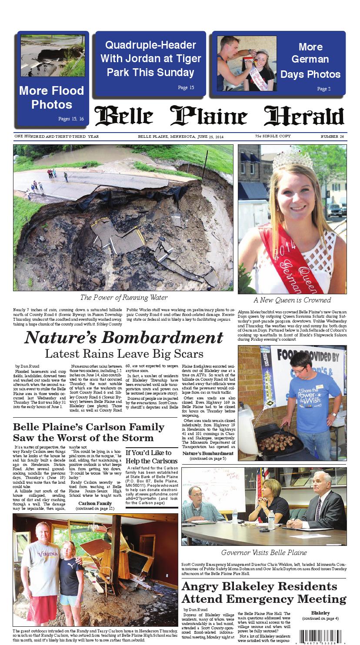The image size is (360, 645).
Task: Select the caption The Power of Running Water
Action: [x=124, y=298]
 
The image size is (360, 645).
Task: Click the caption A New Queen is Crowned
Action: [x=292, y=300]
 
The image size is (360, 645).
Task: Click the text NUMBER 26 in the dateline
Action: [x=332, y=136]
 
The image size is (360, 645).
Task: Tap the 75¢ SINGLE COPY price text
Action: [x=273, y=136]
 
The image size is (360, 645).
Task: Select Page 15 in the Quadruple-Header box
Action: [x=186, y=88]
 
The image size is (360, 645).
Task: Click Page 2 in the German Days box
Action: [x=323, y=89]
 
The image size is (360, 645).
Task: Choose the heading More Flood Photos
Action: [x=51, y=98]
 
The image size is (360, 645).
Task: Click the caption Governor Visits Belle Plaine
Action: [x=264, y=553]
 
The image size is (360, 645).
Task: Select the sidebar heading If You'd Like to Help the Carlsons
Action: [x=151, y=457]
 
